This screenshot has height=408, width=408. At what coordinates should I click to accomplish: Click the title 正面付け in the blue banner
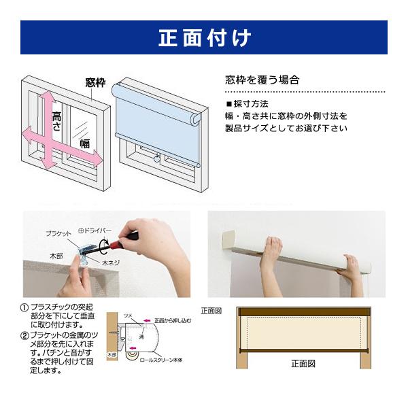point(204,37)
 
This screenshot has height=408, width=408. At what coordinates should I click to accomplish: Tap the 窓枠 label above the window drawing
point(95,83)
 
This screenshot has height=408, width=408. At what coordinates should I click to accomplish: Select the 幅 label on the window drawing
point(85,143)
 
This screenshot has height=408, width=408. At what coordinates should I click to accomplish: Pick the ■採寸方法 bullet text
point(248,104)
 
